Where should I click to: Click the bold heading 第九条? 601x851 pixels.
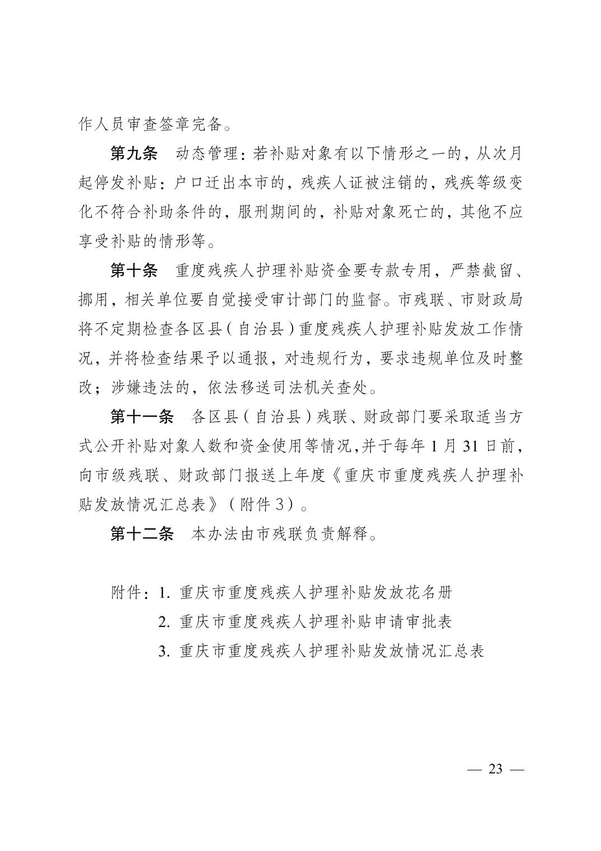click(134, 153)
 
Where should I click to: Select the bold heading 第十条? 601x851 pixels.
click(134, 271)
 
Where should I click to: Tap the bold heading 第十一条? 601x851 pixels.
click(142, 417)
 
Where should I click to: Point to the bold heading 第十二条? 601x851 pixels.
click(142, 534)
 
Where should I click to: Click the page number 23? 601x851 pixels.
click(495, 769)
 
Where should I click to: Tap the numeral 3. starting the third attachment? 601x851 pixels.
click(164, 651)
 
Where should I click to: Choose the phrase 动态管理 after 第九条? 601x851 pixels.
click(209, 153)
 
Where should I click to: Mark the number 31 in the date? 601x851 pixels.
click(471, 446)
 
